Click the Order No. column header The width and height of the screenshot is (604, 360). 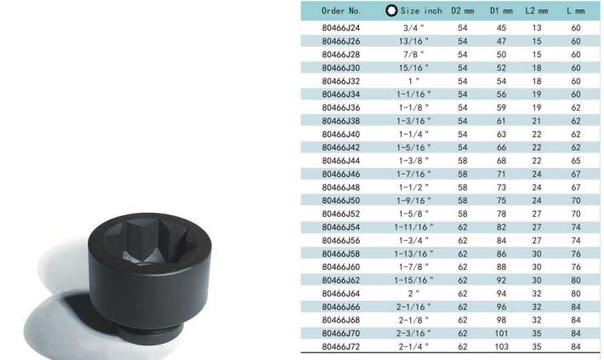341,11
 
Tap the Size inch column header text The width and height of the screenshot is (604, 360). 421,11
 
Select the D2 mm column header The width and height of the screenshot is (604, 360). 463,11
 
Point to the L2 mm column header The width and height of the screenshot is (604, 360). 537,11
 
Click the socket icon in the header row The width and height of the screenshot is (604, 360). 391,11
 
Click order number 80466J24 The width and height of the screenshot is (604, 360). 341,28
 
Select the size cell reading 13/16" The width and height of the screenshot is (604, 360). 413,41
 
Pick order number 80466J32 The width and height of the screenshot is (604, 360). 341,81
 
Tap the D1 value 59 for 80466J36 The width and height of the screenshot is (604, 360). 501,107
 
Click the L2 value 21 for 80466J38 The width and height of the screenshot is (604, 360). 537,121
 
